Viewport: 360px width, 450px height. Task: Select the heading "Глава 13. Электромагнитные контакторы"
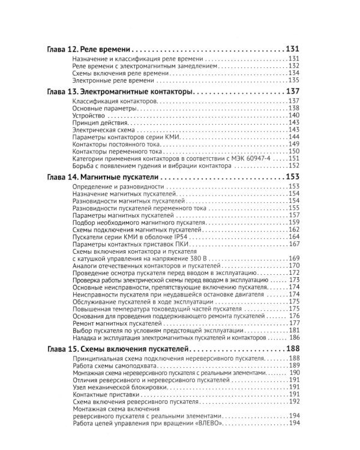coord(119,92)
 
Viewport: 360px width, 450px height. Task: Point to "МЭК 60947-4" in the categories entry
coord(245,158)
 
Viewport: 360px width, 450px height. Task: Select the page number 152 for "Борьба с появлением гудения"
coord(293,166)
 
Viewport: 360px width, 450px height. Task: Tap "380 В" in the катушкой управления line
coord(180,258)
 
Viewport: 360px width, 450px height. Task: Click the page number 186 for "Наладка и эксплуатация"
coord(293,338)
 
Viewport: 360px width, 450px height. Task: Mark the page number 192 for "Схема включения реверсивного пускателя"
coord(293,418)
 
